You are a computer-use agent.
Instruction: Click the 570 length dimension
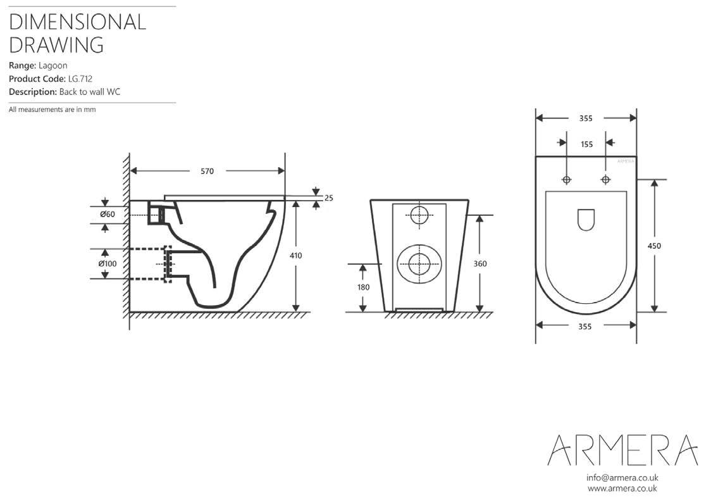207,171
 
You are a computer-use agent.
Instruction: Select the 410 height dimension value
295,256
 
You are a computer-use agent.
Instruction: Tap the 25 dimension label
329,198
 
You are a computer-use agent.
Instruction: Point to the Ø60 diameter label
108,214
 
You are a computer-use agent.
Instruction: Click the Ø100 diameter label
108,264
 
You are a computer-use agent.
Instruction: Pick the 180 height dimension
363,287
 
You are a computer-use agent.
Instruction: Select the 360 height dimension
479,264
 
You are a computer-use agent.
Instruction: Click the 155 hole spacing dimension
586,144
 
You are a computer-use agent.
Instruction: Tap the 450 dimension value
654,246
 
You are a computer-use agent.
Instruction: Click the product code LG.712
80,78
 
